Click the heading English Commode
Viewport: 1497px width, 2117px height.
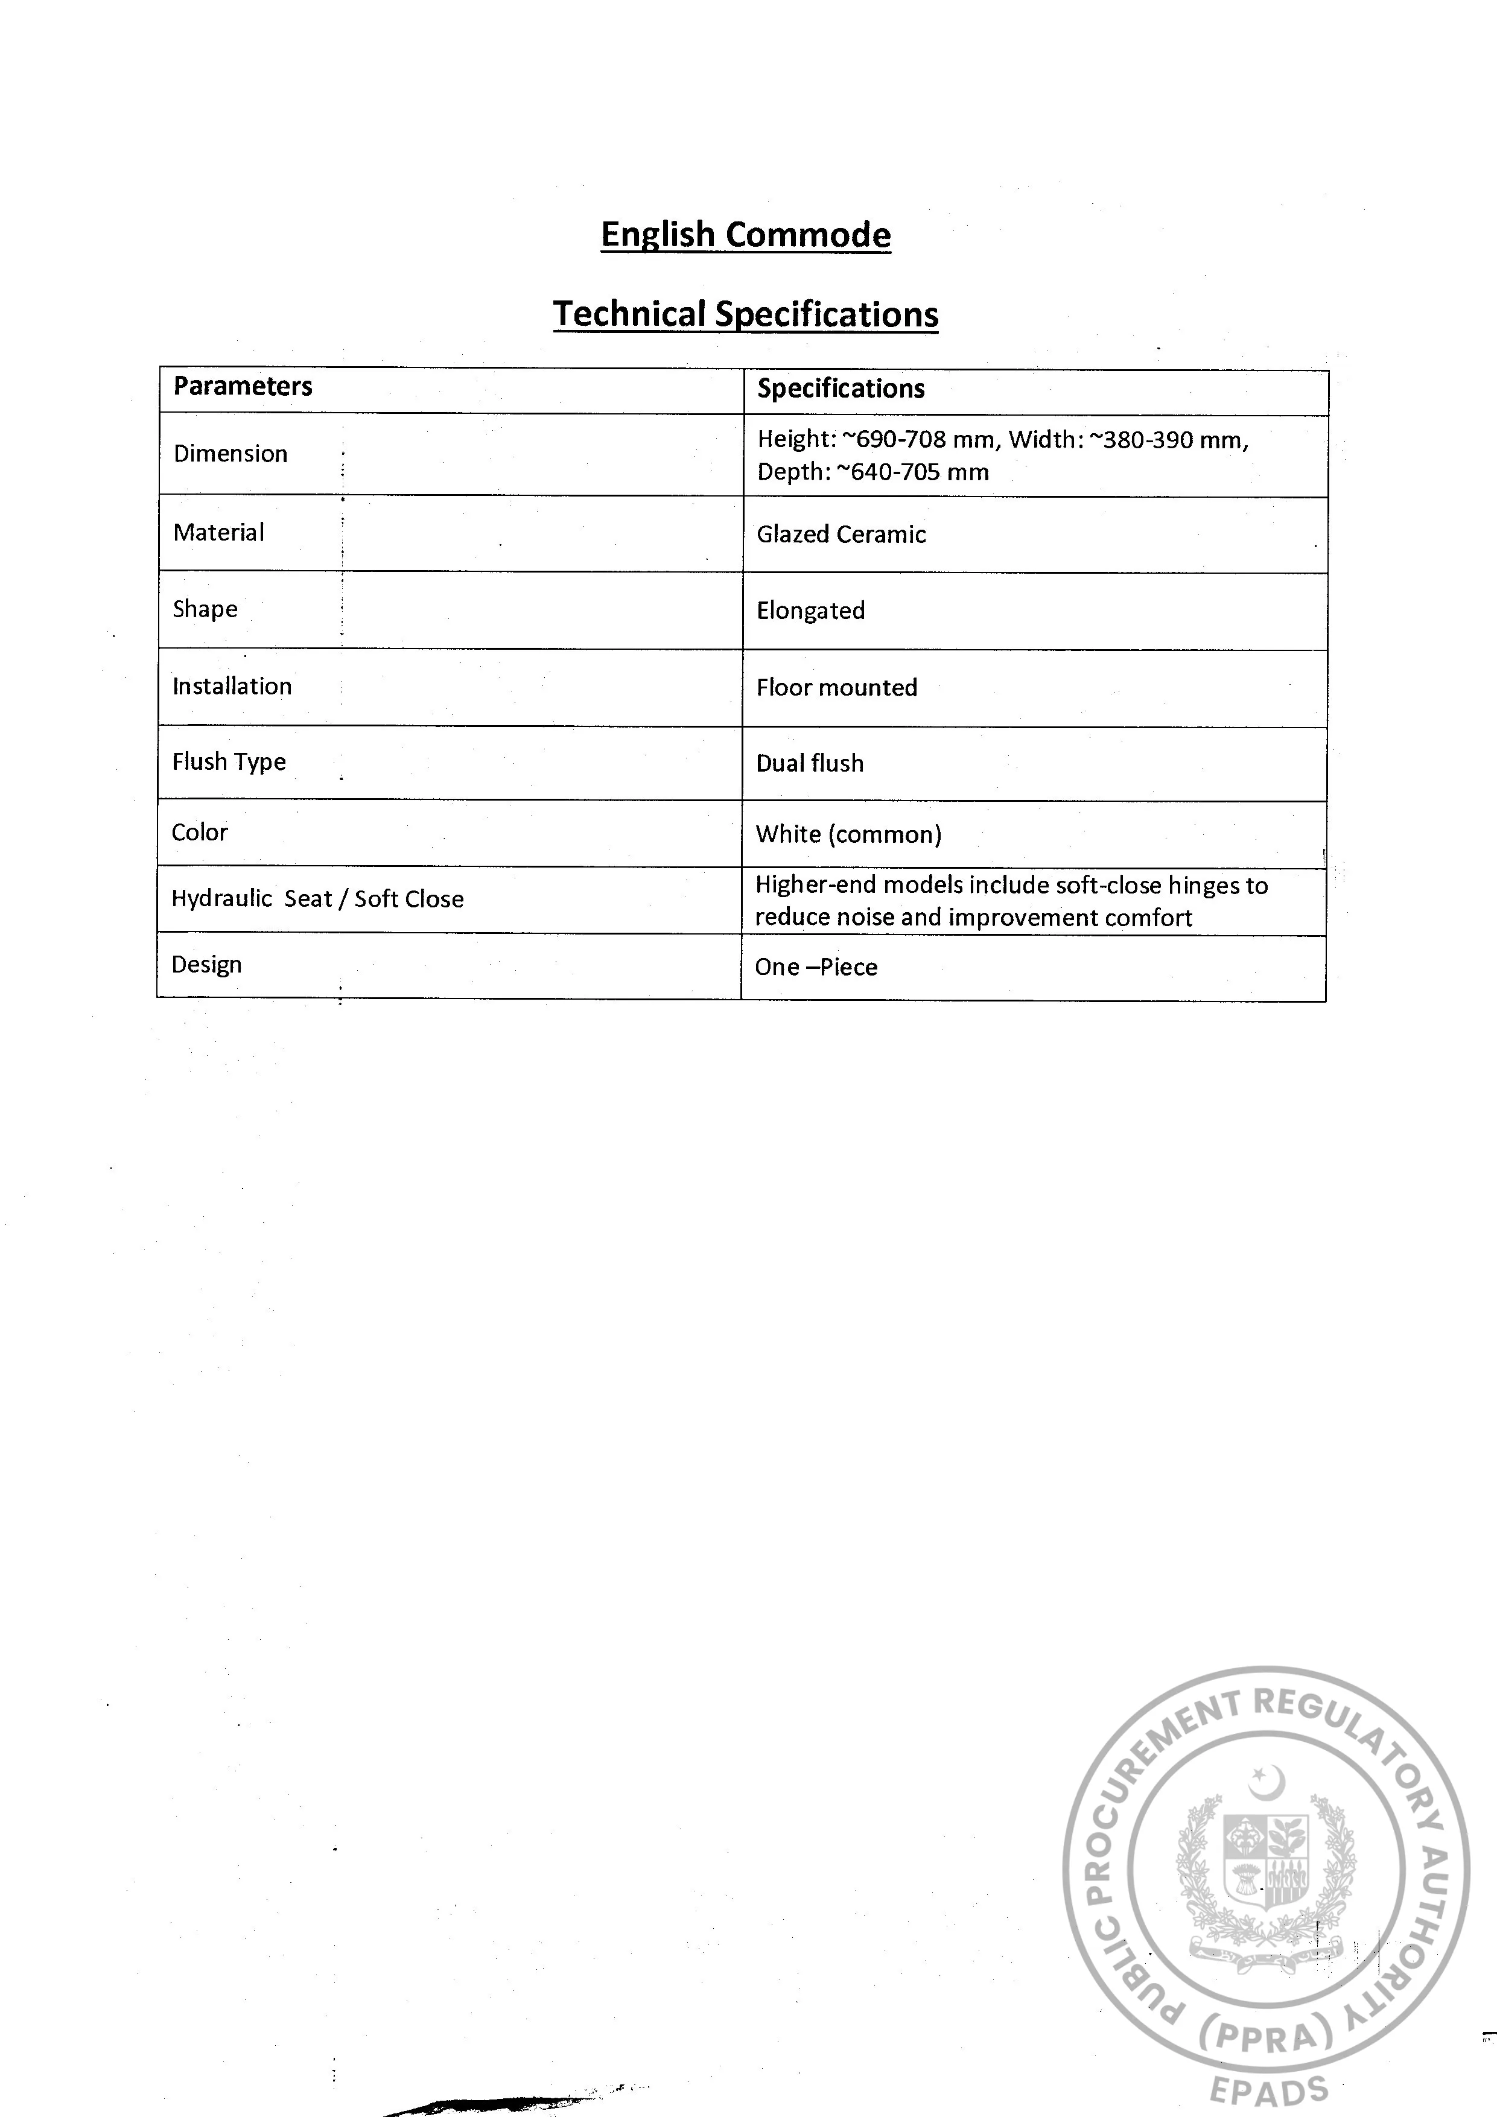click(x=745, y=235)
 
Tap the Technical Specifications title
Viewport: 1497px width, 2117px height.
click(x=745, y=314)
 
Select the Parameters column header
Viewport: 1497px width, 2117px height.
click(x=243, y=386)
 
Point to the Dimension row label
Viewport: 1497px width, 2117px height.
click(x=230, y=454)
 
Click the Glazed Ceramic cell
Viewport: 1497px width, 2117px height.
click(x=841, y=535)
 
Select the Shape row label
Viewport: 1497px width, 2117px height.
click(x=205, y=609)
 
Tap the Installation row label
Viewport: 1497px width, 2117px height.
click(x=232, y=686)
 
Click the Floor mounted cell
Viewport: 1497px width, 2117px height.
click(x=836, y=688)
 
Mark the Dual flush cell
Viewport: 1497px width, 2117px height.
click(x=809, y=763)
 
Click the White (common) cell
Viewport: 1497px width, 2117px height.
click(x=848, y=834)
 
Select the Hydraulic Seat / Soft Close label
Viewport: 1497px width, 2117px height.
click(x=317, y=899)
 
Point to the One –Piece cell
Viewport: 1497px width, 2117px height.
click(x=815, y=967)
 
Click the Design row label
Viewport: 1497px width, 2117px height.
click(x=206, y=965)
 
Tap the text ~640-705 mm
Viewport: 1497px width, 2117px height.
click(x=912, y=472)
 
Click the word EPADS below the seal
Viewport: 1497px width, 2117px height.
click(x=1268, y=2090)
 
